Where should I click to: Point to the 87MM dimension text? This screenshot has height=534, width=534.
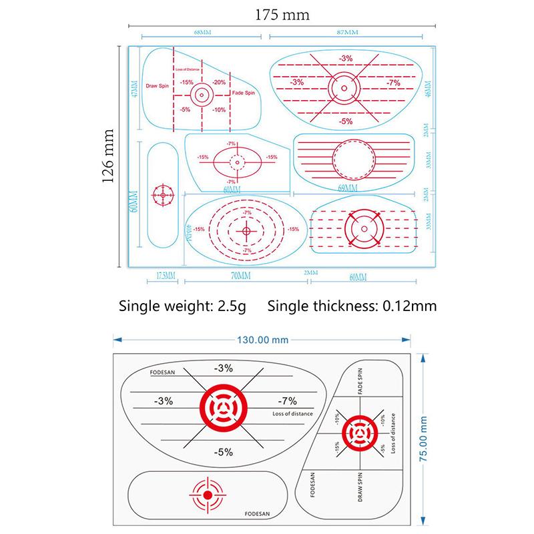tap(346, 32)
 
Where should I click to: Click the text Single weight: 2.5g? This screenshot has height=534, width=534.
tap(182, 306)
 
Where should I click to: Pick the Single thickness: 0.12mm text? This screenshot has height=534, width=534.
tap(352, 306)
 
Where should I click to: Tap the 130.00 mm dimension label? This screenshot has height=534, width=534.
tap(262, 339)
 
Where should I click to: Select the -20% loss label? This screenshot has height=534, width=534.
tap(219, 82)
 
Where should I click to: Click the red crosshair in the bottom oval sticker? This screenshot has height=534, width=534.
tap(206, 494)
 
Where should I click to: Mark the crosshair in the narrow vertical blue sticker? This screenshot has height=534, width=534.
tap(162, 195)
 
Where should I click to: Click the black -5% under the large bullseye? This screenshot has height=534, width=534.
tap(223, 452)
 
